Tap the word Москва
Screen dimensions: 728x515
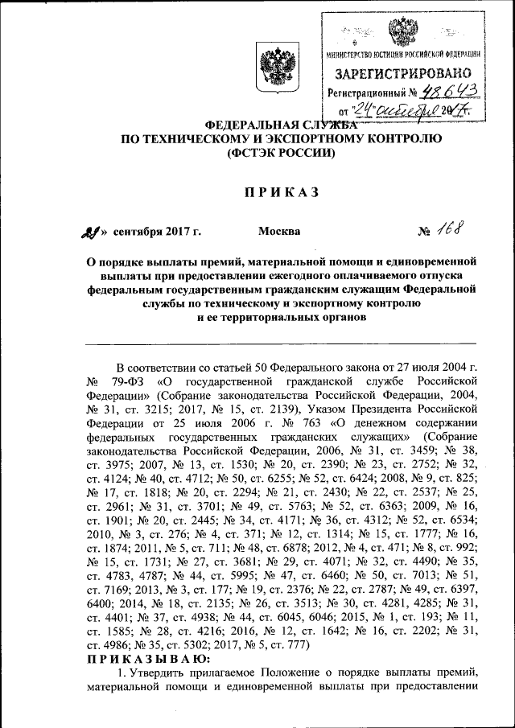coord(279,232)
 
